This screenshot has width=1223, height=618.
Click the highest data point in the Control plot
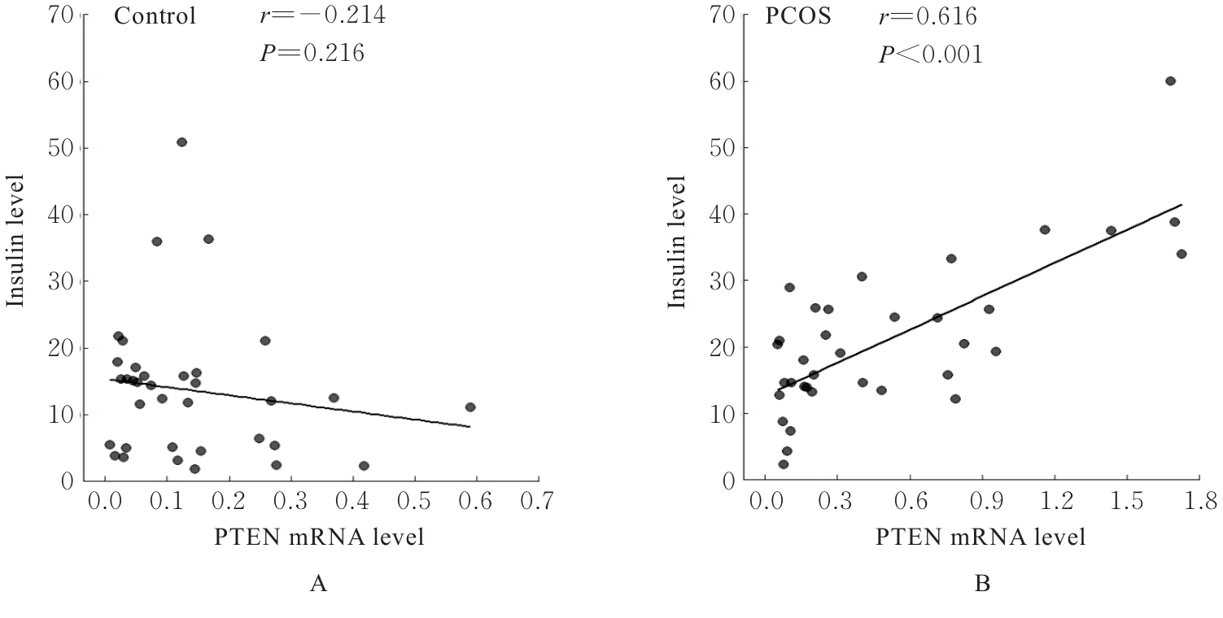click(181, 142)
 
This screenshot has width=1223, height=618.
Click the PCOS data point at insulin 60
click(1170, 81)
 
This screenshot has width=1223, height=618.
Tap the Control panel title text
click(155, 16)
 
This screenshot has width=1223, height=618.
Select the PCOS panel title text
click(797, 16)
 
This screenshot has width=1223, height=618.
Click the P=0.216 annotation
click(310, 54)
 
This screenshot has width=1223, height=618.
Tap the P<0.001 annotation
click(929, 54)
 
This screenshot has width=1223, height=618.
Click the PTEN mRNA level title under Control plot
click(319, 537)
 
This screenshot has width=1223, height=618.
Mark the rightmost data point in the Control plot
click(470, 407)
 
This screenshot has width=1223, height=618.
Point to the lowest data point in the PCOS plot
click(783, 464)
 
